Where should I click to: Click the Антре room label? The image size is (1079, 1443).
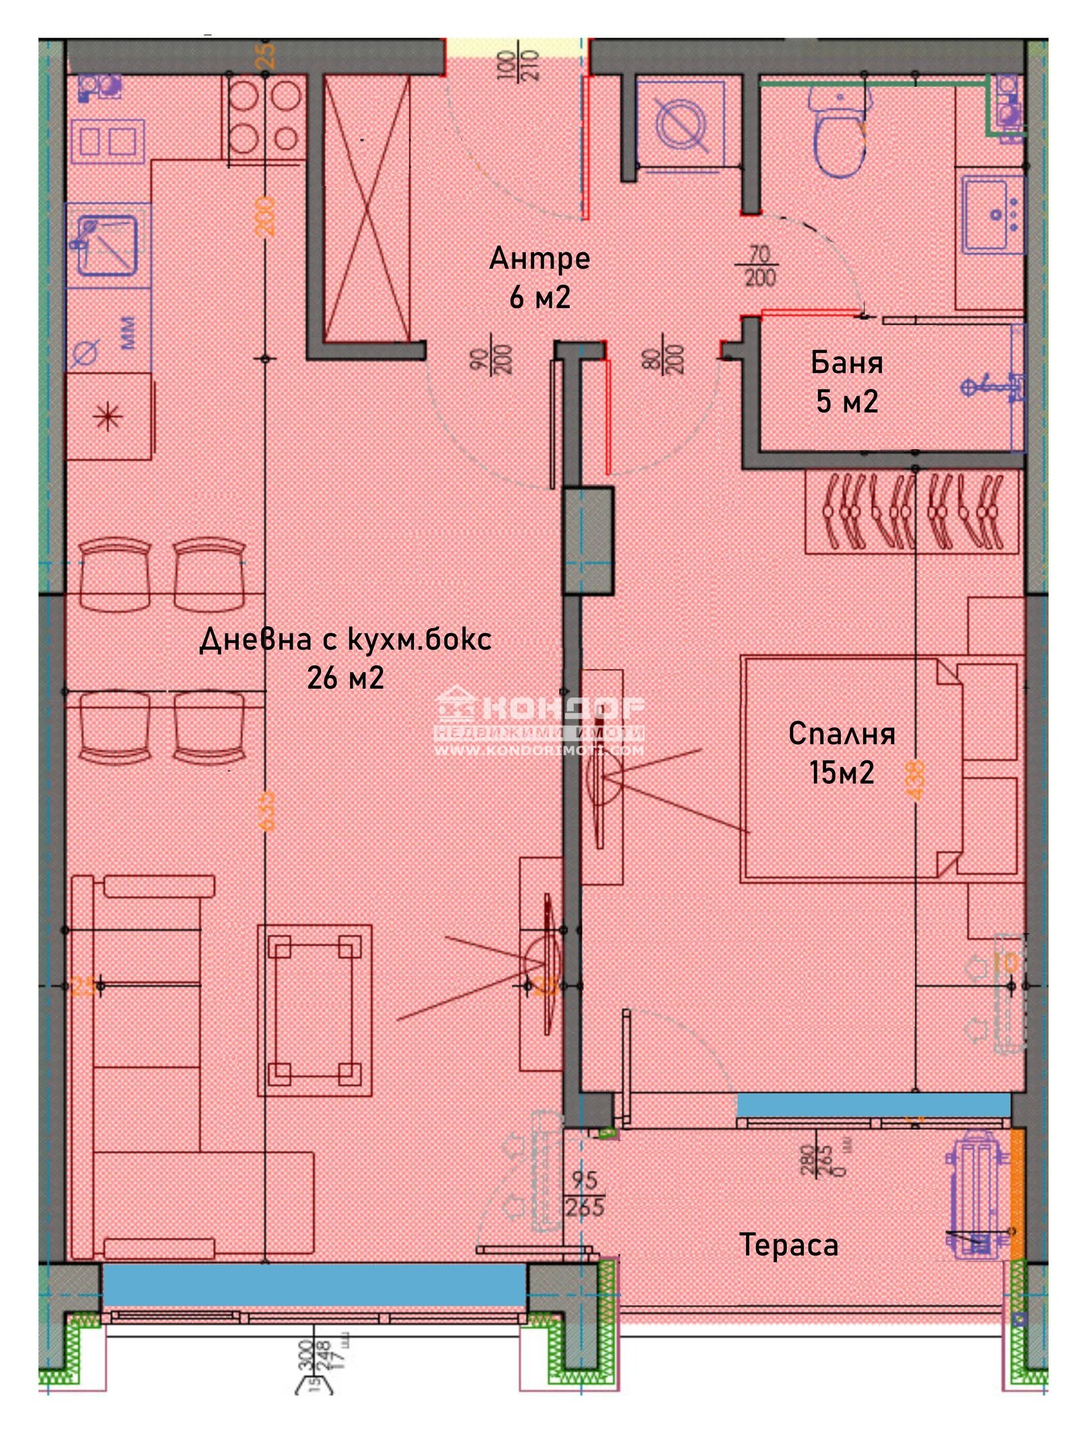coord(539,258)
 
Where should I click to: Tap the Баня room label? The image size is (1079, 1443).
coord(846,363)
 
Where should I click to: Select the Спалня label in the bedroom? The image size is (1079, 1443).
coord(841,733)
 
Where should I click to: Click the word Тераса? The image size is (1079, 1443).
coord(788,1244)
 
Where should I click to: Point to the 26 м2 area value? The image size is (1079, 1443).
coord(345,677)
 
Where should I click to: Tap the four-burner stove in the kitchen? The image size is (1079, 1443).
coord(264,118)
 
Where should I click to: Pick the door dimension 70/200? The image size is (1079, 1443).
coord(759,266)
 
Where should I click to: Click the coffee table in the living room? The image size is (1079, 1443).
coord(314,1009)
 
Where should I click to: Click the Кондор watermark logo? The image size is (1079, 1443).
coord(539,721)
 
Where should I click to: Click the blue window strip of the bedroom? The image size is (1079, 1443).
coord(873,1105)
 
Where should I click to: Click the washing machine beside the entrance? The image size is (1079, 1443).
coord(681,125)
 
